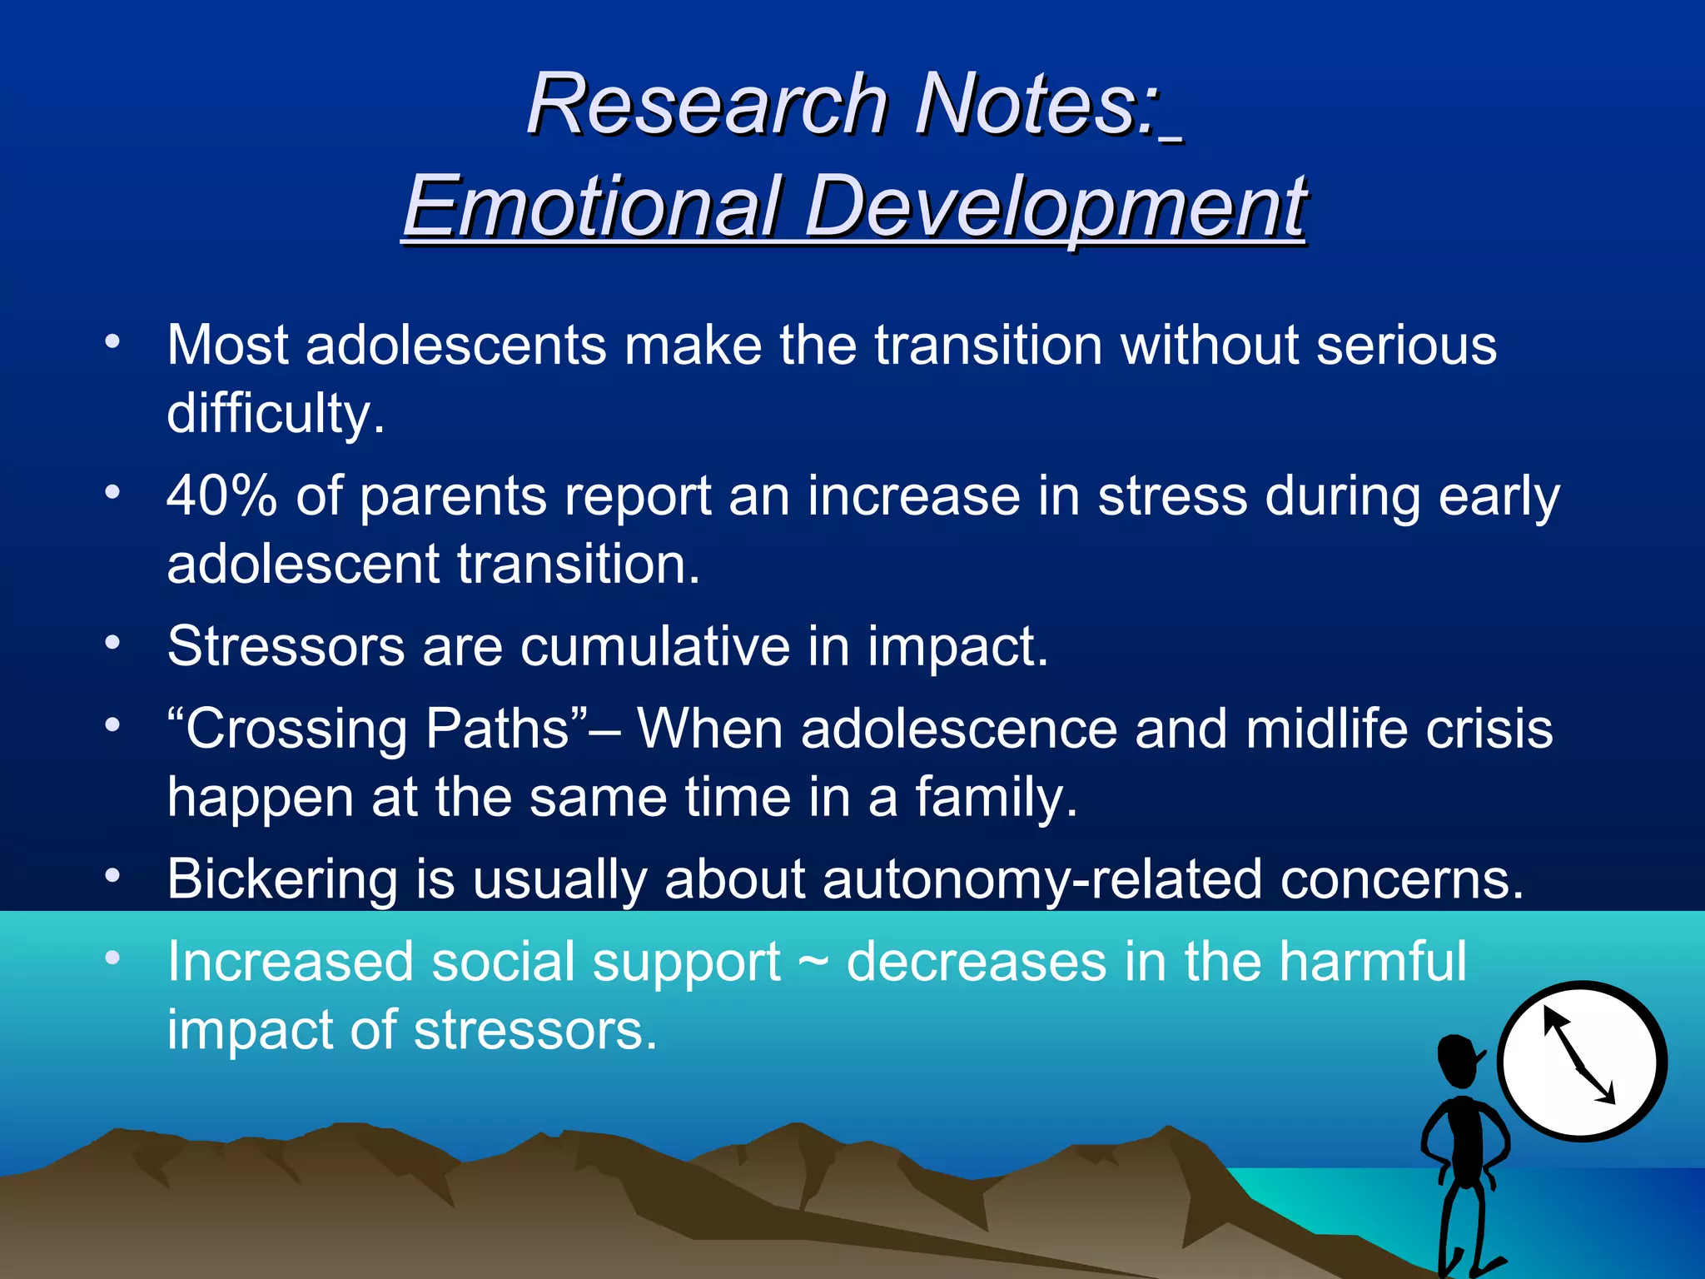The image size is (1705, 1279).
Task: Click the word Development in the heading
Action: click(1056, 207)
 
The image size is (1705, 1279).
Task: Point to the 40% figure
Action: click(221, 496)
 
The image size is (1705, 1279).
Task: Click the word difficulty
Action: click(275, 414)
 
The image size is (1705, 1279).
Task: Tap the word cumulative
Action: click(654, 646)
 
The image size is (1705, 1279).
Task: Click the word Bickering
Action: click(283, 879)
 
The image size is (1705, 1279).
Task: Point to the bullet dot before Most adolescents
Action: click(112, 342)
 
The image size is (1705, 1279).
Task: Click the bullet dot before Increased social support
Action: click(112, 958)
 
